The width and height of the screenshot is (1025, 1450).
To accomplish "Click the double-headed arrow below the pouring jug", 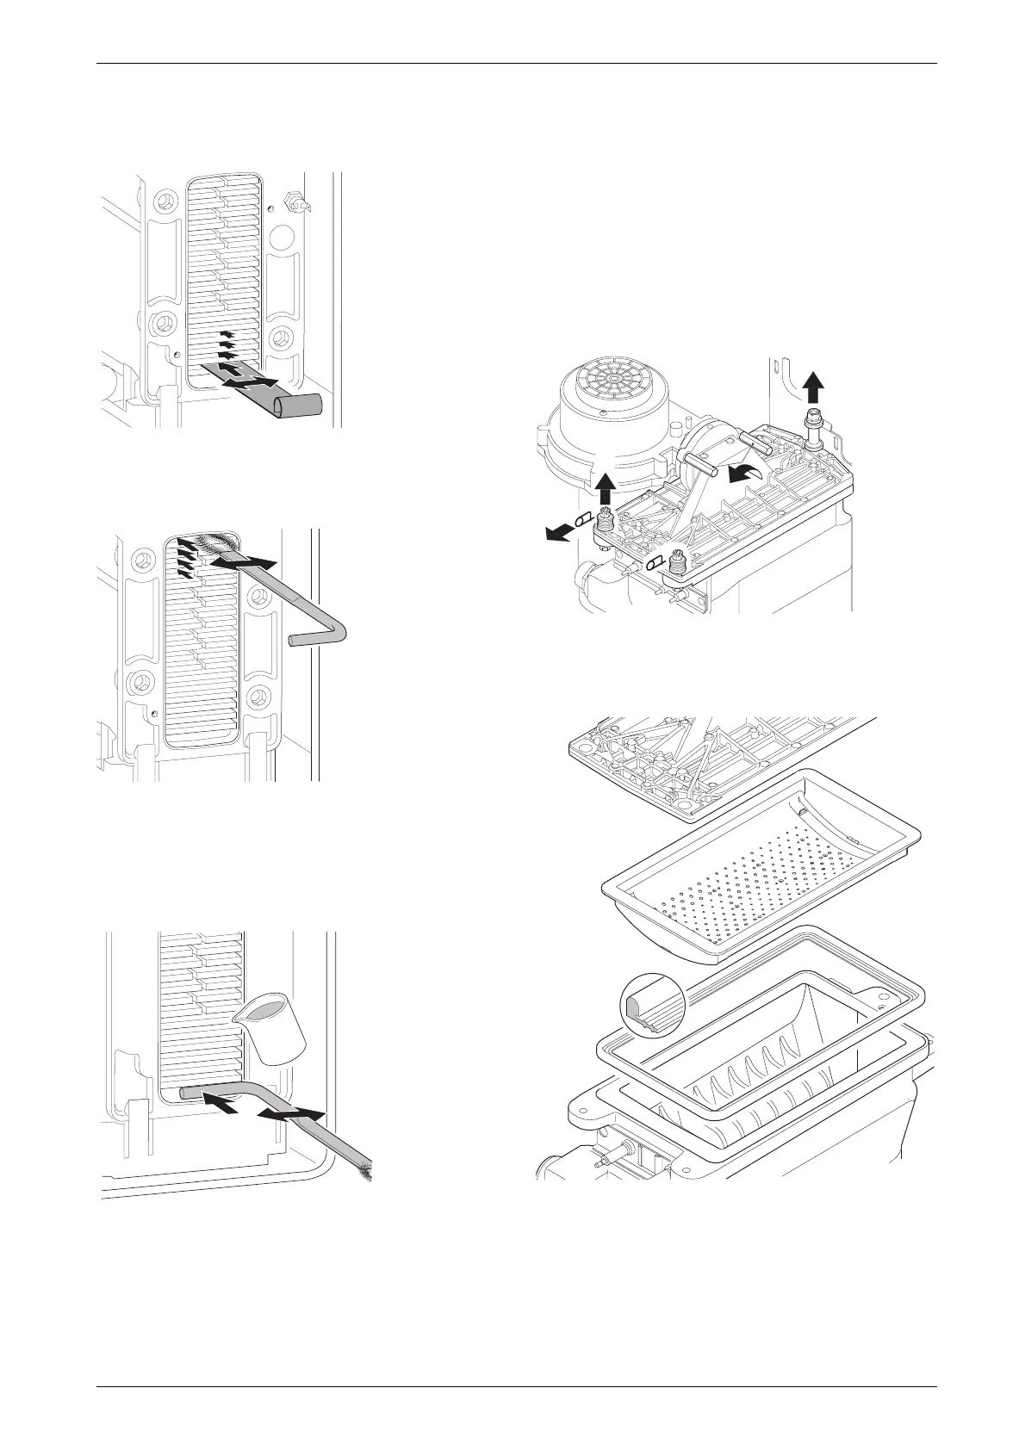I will [x=293, y=1115].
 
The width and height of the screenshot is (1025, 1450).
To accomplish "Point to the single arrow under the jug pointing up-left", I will [x=221, y=1104].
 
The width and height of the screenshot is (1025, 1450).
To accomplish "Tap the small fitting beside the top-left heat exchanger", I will [x=295, y=204].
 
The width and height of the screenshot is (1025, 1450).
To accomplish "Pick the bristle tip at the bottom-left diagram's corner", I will [x=368, y=1173].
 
